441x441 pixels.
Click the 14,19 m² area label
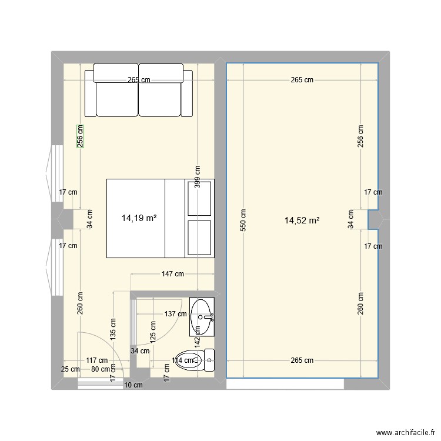tap(139, 218)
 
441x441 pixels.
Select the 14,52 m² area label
tap(302, 221)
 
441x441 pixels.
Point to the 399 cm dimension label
tap(198, 175)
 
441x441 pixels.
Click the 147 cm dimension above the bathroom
tap(172, 274)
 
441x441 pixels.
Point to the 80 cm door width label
tap(101, 369)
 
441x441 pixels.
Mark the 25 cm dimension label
tap(71, 369)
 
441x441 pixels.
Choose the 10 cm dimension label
tap(133, 385)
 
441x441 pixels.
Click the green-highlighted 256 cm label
tap(80, 136)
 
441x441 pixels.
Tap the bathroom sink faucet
tap(209, 317)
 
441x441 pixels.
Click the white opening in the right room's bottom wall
tap(285, 383)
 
